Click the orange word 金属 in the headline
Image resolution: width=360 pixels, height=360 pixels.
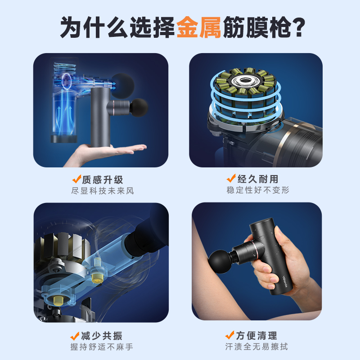(x=198, y=27)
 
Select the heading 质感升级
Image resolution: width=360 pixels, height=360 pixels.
(x=103, y=180)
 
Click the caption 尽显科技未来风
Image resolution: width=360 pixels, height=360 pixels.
(x=103, y=191)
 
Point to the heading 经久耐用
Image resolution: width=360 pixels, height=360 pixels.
(x=257, y=179)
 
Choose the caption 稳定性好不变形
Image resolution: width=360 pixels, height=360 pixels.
(x=257, y=190)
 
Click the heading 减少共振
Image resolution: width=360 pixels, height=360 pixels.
(x=102, y=336)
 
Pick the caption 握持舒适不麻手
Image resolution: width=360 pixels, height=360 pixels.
(x=102, y=346)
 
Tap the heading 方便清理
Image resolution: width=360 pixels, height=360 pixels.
(x=256, y=335)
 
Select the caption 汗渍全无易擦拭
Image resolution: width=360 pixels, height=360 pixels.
(x=256, y=346)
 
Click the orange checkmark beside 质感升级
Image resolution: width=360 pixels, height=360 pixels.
(x=76, y=179)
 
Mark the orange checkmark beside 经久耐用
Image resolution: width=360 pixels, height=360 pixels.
(x=231, y=178)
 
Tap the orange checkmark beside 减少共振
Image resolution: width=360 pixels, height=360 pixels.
(x=75, y=336)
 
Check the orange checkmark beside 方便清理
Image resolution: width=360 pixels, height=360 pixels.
(x=230, y=335)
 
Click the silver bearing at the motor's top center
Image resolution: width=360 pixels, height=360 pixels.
(x=244, y=81)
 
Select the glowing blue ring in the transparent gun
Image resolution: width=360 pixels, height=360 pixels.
(x=66, y=82)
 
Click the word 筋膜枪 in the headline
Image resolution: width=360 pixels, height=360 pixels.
(x=256, y=27)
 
